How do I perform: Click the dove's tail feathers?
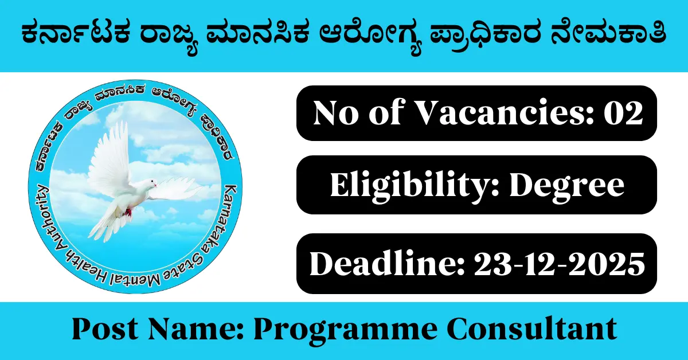[103, 226]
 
